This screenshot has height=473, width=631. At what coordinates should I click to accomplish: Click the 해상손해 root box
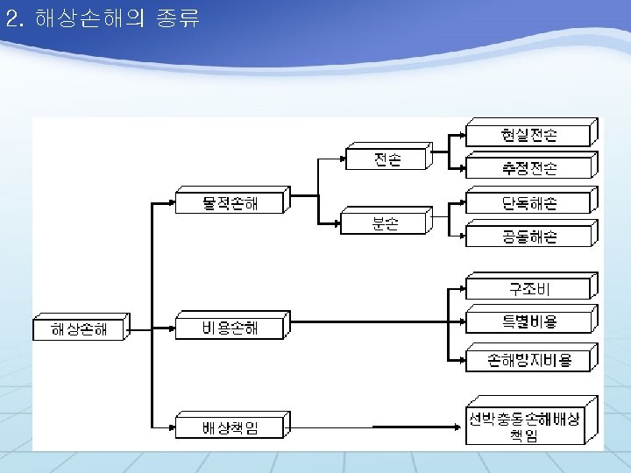[79, 329]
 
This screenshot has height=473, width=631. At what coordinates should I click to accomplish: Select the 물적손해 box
[230, 203]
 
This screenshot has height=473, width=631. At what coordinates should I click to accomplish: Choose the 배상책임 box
[230, 428]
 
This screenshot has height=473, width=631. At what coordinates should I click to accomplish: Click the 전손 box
[386, 160]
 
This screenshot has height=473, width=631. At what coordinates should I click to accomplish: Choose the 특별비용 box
[529, 321]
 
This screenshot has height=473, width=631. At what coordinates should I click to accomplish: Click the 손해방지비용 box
[529, 359]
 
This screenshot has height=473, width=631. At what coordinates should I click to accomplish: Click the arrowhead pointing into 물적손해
[172, 203]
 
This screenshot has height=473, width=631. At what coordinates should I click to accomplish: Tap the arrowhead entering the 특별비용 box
[462, 321]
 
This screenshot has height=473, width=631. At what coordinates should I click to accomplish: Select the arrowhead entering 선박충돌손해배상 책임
[460, 427]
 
